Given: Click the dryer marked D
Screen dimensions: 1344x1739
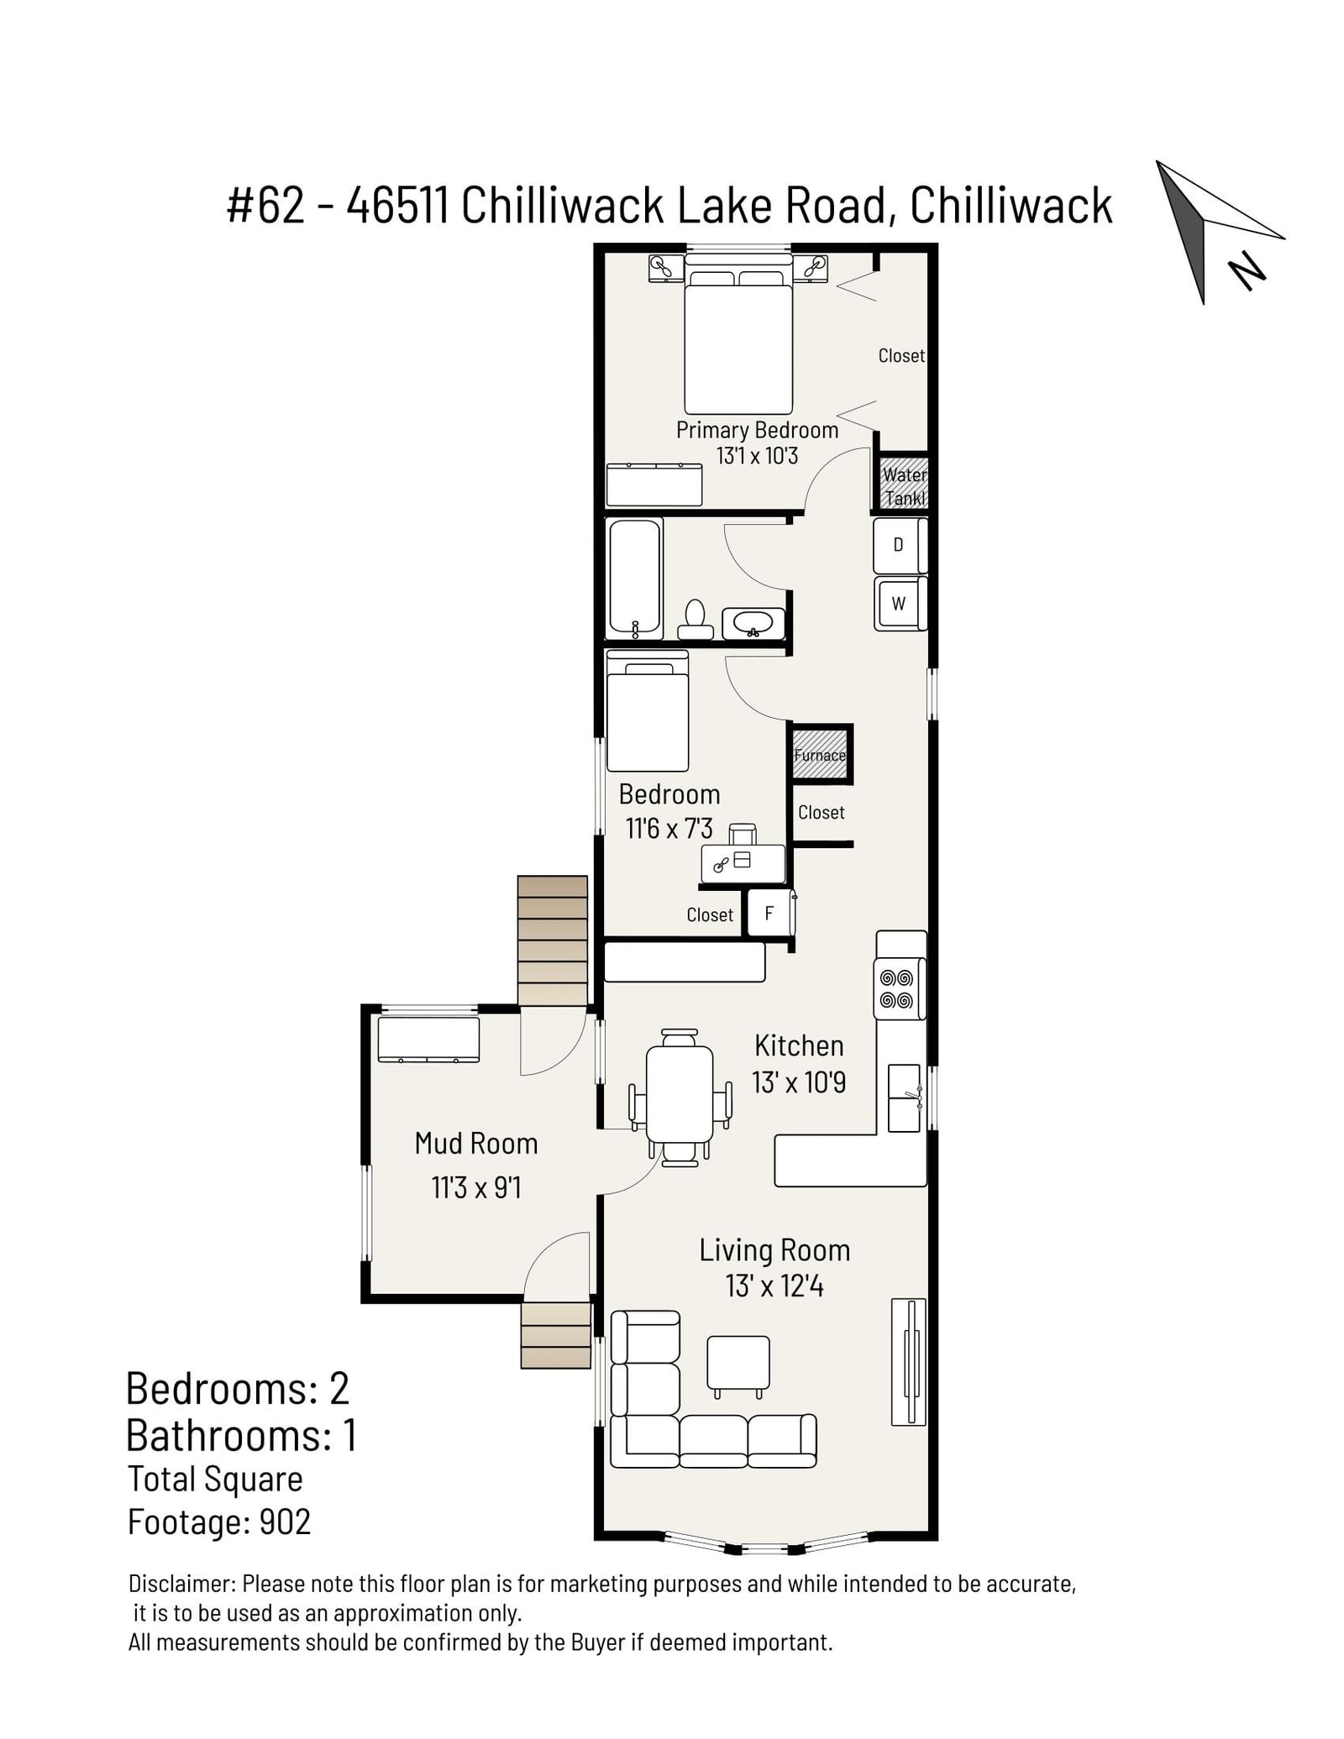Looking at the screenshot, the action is pyautogui.click(x=900, y=546).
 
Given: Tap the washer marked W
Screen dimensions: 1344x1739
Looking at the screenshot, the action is pyautogui.click(x=900, y=603).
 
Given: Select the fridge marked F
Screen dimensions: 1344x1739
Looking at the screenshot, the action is pyautogui.click(x=769, y=913).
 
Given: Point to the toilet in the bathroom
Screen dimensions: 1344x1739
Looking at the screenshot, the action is pyautogui.click(x=695, y=621).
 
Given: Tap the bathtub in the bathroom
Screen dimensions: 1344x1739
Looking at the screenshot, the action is pyautogui.click(x=634, y=579).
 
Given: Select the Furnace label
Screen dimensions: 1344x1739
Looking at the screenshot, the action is pyautogui.click(x=820, y=755).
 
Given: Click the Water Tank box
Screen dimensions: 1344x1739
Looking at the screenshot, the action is pyautogui.click(x=904, y=485).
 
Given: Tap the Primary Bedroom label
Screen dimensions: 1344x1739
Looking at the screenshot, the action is pyautogui.click(x=757, y=430).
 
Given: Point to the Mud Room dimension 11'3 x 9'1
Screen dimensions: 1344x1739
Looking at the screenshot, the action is pyautogui.click(x=476, y=1187).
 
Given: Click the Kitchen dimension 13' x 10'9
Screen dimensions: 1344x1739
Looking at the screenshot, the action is pyautogui.click(x=799, y=1082).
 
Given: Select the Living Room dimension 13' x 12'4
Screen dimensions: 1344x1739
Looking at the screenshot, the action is pyautogui.click(x=774, y=1286).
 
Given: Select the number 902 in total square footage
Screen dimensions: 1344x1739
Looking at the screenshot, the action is pyautogui.click(x=285, y=1522).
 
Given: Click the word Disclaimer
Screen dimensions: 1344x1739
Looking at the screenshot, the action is pyautogui.click(x=182, y=1584).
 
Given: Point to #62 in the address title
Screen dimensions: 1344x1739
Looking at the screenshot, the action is pyautogui.click(x=265, y=206).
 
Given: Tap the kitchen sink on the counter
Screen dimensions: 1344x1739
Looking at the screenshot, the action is pyautogui.click(x=904, y=1097).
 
